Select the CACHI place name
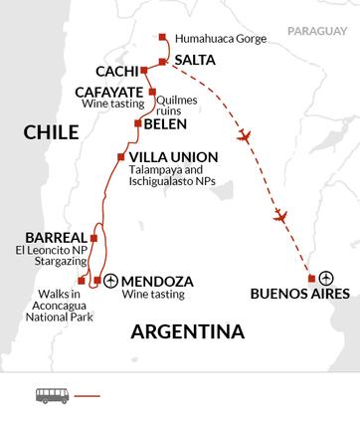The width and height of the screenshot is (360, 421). [116, 72]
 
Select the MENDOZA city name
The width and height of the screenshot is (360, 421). [156, 281]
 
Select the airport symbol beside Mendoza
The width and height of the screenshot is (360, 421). [110, 281]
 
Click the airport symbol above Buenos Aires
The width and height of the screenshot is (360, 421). [327, 278]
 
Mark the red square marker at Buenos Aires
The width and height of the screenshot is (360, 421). [312, 278]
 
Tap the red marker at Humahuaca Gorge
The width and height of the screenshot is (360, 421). [162, 39]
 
